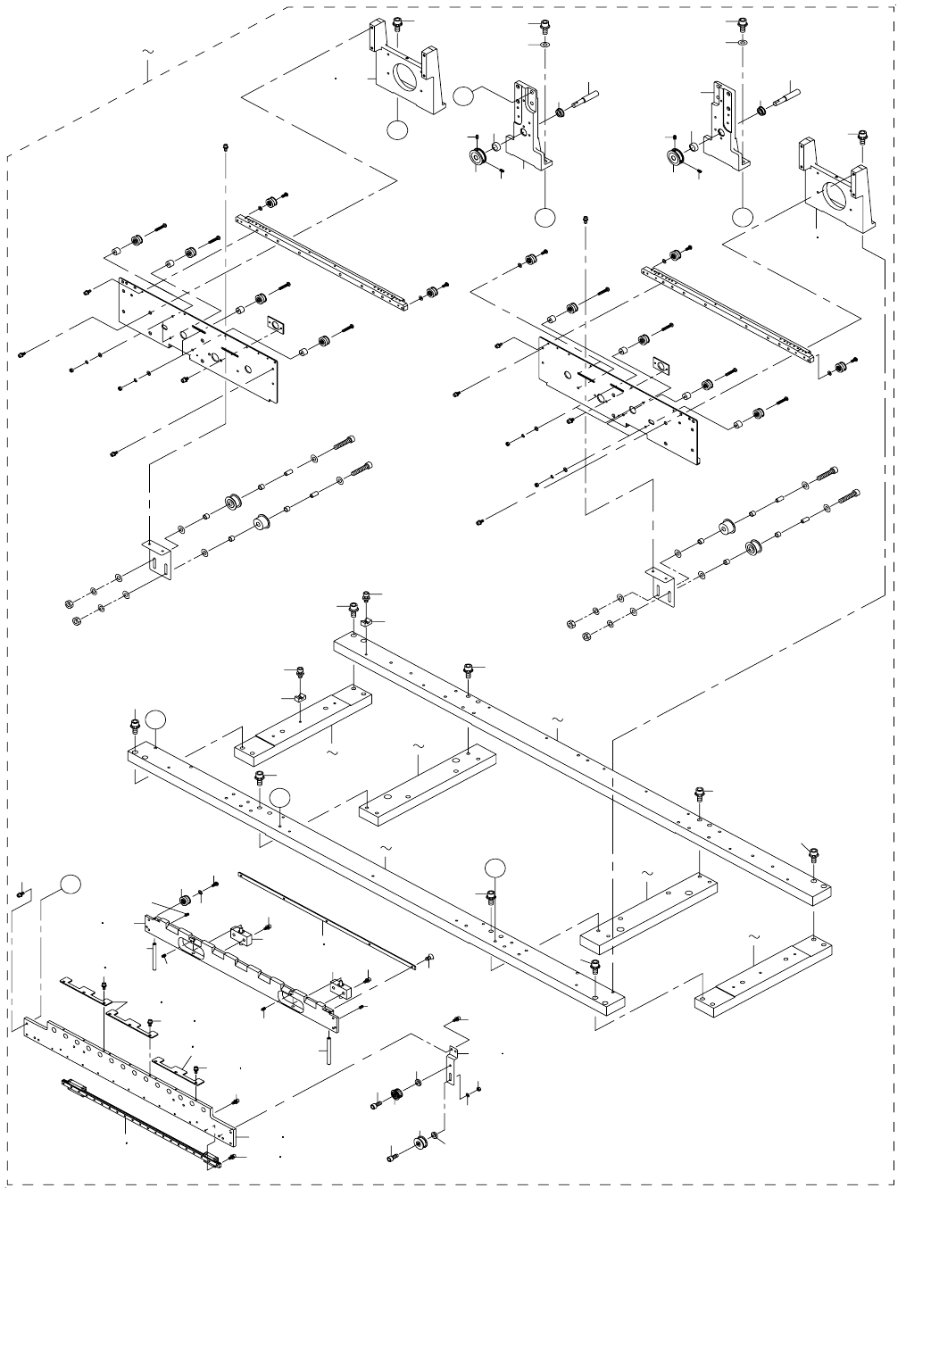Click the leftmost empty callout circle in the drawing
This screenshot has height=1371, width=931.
click(x=72, y=885)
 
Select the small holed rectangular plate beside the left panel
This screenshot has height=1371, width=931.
click(x=277, y=324)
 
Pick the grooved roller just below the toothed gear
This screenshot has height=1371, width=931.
click(x=419, y=1143)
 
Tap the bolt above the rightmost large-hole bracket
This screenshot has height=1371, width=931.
click(x=862, y=136)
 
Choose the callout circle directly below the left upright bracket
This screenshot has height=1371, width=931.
click(x=544, y=217)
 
